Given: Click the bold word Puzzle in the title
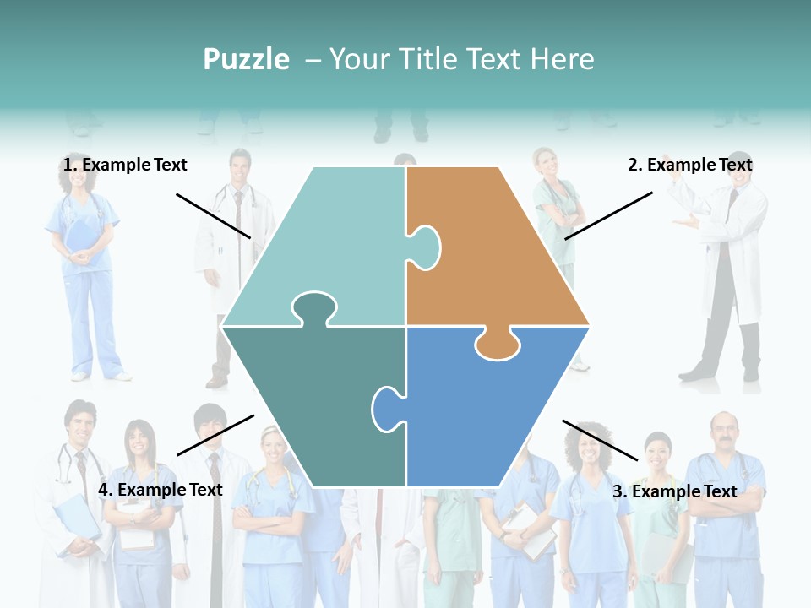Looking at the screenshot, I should click(246, 59).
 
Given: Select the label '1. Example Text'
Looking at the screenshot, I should click(125, 165).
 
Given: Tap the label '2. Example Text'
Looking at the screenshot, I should click(689, 165).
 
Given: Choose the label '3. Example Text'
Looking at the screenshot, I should click(674, 491).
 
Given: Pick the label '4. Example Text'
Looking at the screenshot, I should click(161, 490).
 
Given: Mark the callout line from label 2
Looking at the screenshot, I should click(608, 215).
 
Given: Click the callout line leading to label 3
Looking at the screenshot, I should click(600, 440).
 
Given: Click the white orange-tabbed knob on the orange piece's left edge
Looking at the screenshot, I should click(426, 246).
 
